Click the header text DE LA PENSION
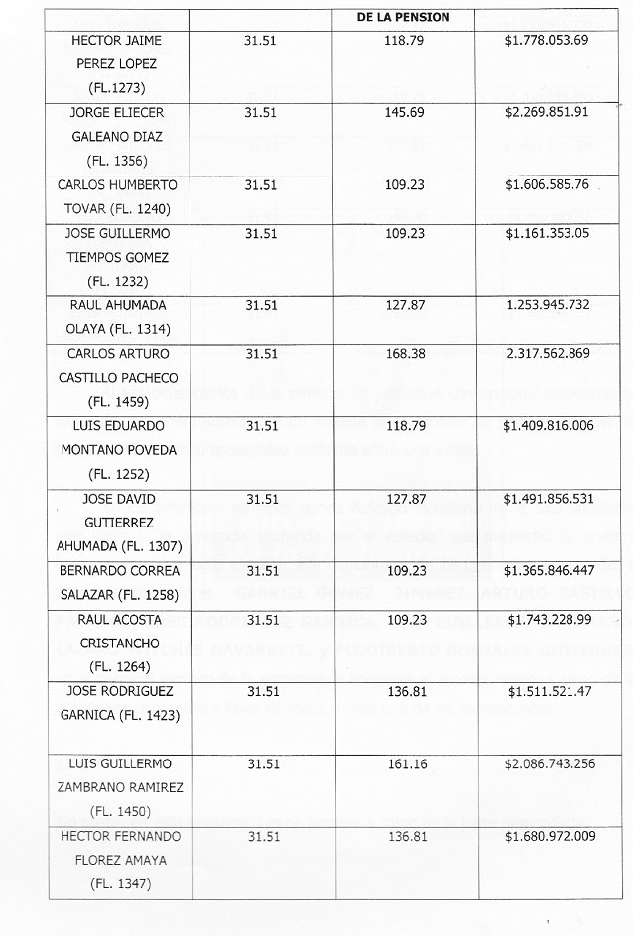[x=403, y=17]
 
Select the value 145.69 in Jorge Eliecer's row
[x=403, y=112]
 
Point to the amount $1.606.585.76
[x=546, y=184]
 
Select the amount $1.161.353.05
[x=546, y=233]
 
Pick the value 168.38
[x=403, y=354]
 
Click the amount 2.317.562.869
[x=548, y=354]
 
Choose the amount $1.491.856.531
[x=549, y=499]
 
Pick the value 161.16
[x=403, y=764]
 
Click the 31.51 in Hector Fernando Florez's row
[x=262, y=837]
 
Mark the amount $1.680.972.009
[x=549, y=837]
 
